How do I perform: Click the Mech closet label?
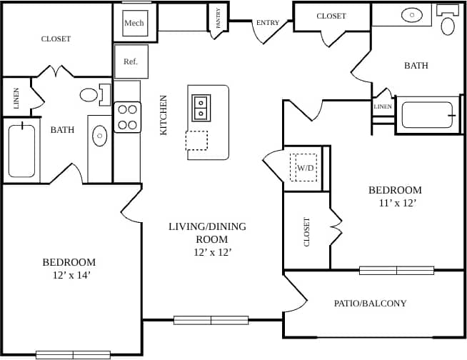coord(134,23)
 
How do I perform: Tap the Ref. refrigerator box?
coord(131,61)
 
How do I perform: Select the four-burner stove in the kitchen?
coord(127,117)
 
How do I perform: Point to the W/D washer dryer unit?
coord(305,168)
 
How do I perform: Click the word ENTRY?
coord(268,23)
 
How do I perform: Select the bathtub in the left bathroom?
coord(22,150)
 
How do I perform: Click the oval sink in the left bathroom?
coord(100,134)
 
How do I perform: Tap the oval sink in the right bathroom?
coord(412,14)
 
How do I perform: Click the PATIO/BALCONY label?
coord(370,304)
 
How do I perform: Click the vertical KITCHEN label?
coord(164,115)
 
